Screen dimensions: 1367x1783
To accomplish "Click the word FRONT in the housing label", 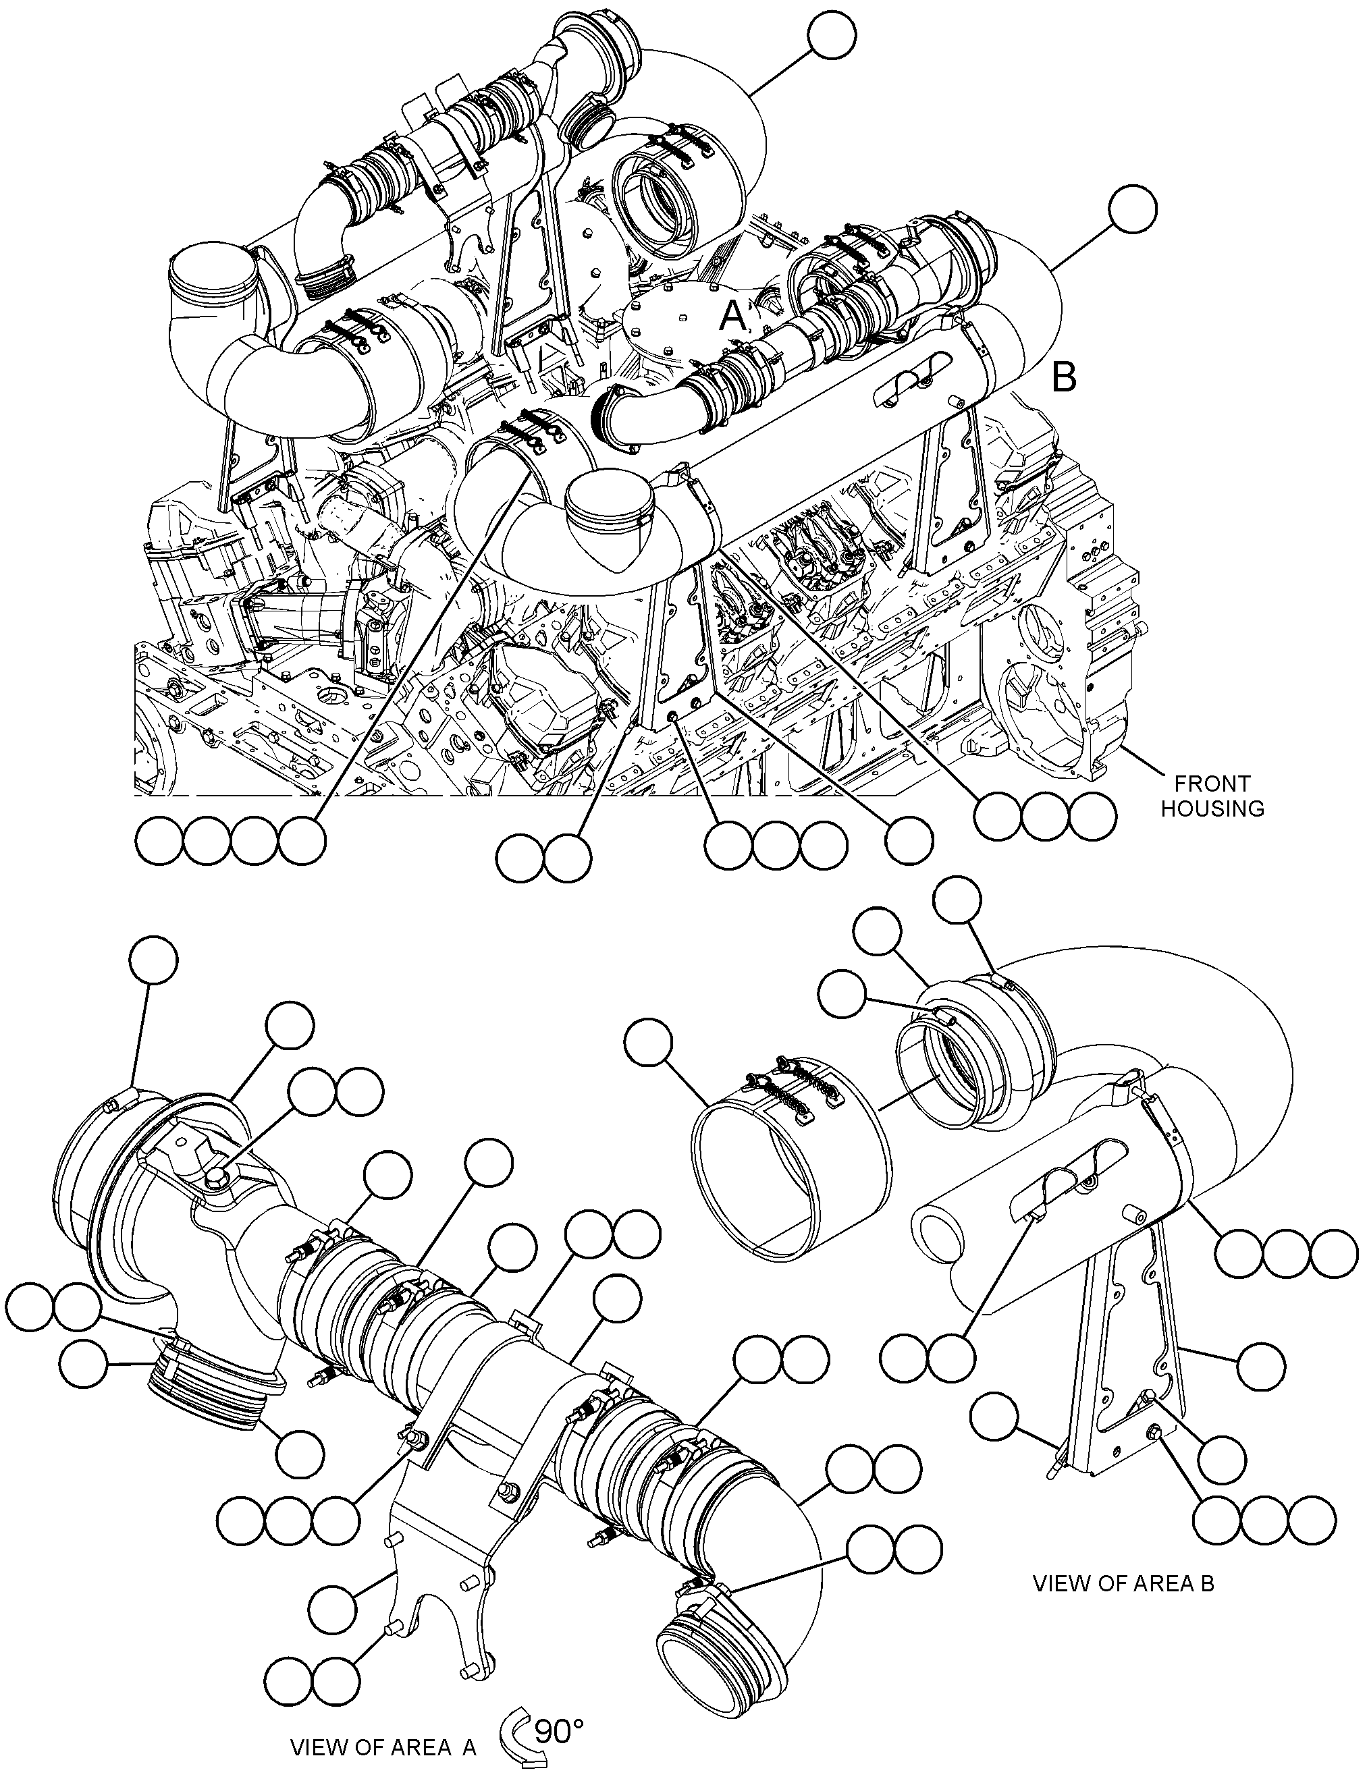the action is point(1212,784).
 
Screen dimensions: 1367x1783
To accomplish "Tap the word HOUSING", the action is point(1212,809).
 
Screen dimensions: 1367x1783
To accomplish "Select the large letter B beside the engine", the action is point(1065,377).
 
